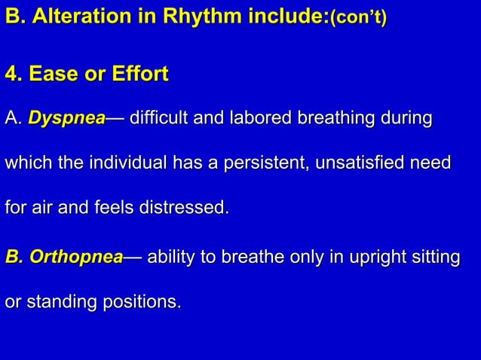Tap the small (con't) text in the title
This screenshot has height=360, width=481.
(358, 18)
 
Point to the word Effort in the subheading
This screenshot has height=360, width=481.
(139, 75)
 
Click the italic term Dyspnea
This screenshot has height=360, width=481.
(66, 119)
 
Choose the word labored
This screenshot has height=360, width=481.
(273, 119)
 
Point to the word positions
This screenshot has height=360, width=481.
(145, 302)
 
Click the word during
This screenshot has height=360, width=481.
(408, 119)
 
